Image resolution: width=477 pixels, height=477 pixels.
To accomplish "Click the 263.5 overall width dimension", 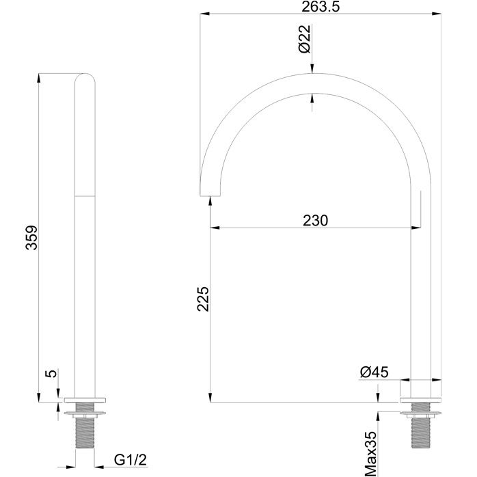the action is (x=320, y=7).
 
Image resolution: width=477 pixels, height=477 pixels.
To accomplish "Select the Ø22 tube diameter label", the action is (x=305, y=39).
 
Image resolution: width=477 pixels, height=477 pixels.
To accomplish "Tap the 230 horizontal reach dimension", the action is (x=316, y=220).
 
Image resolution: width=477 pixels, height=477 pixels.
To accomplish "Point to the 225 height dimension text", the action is (x=203, y=299).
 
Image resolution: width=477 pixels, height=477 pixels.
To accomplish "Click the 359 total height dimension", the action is (x=31, y=238).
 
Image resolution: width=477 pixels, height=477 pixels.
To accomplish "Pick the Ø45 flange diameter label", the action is (x=374, y=372).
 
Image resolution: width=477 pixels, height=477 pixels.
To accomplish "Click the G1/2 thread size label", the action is (x=131, y=460).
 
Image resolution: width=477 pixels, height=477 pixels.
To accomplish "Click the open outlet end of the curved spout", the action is (x=210, y=195).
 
